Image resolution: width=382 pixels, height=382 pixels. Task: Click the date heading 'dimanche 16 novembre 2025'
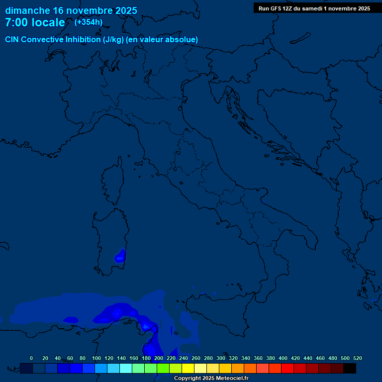pyautogui.click(x=71, y=10)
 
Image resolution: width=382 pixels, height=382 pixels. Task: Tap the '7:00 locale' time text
pyautogui.click(x=35, y=22)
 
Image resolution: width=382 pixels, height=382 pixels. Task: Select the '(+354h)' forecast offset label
pyautogui.click(x=89, y=22)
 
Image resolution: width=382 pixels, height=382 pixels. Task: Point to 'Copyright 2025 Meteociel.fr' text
pyautogui.click(x=211, y=378)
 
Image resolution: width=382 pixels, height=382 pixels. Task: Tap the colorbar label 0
pyautogui.click(x=31, y=358)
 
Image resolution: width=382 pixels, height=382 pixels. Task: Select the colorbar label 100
pyautogui.click(x=96, y=358)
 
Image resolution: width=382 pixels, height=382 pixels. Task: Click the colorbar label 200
pyautogui.click(x=158, y=358)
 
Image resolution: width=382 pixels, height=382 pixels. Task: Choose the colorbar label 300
pyautogui.click(x=220, y=358)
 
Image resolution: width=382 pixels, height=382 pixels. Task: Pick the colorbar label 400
pyautogui.click(x=283, y=358)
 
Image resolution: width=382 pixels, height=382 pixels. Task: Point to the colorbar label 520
pyautogui.click(x=357, y=358)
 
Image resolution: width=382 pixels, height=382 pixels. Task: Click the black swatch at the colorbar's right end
pyautogui.click(x=350, y=368)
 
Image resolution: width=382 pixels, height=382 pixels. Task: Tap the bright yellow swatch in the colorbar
pyautogui.click(x=188, y=368)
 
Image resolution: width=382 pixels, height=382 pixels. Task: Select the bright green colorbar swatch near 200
pyautogui.click(x=163, y=368)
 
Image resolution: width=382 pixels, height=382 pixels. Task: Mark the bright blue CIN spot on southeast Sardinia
pyautogui.click(x=120, y=257)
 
